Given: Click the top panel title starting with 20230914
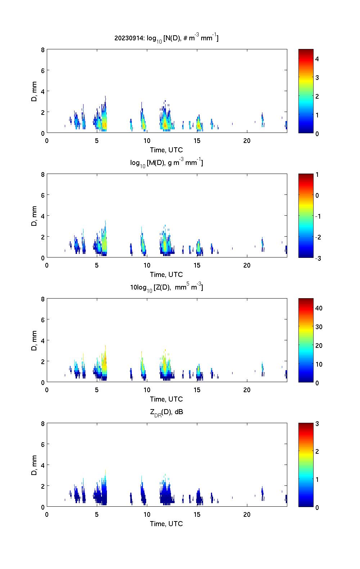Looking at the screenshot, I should coord(166,38).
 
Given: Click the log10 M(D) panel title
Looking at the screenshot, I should coord(166,163).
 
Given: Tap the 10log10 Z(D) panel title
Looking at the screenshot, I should coord(166,287).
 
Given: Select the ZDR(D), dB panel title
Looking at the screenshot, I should coord(166,412).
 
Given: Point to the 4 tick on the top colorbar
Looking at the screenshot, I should coord(317,59).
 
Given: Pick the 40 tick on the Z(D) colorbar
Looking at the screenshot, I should coord(319,308).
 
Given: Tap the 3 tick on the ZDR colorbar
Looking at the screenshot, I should coord(317,424).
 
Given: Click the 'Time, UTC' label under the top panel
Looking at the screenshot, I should coord(166,150).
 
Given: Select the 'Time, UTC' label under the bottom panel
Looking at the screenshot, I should coord(166,524).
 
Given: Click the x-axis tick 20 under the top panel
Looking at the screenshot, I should coord(247,141).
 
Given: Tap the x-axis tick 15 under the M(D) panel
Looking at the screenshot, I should coord(197,265).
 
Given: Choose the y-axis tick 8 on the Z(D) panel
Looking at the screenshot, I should coord(43,299).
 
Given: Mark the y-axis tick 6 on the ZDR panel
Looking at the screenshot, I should coord(43,444).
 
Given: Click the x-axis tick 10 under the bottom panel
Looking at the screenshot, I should coord(147,515).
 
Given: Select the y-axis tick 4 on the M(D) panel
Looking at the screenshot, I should coord(43,216).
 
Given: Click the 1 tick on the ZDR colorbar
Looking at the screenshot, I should coord(317,479).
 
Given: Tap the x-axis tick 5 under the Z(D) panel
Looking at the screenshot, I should coord(97,390).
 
